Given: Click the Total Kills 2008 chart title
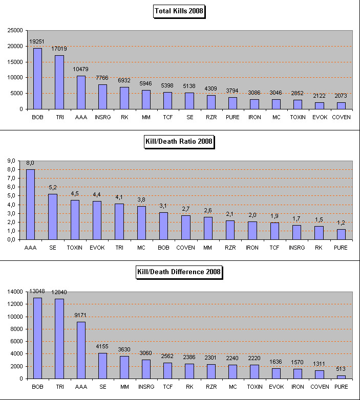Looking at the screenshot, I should [x=179, y=11].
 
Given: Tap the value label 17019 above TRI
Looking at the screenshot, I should [x=59, y=49].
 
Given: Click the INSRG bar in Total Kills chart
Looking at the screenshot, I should [x=102, y=97].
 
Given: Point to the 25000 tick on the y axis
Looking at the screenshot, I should [x=15, y=30].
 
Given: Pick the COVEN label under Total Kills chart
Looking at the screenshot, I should [x=341, y=117].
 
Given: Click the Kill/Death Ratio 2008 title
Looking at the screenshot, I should [x=179, y=142].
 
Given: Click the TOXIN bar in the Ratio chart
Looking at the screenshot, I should [x=75, y=219].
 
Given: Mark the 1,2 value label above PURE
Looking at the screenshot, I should [x=341, y=223].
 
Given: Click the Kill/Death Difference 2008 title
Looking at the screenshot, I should [x=179, y=272].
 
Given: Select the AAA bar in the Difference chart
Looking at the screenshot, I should [x=81, y=350].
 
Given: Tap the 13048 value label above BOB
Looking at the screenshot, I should [x=37, y=292].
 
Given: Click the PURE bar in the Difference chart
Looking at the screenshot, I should [x=341, y=377].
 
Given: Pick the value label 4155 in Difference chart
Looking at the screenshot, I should [x=102, y=346].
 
